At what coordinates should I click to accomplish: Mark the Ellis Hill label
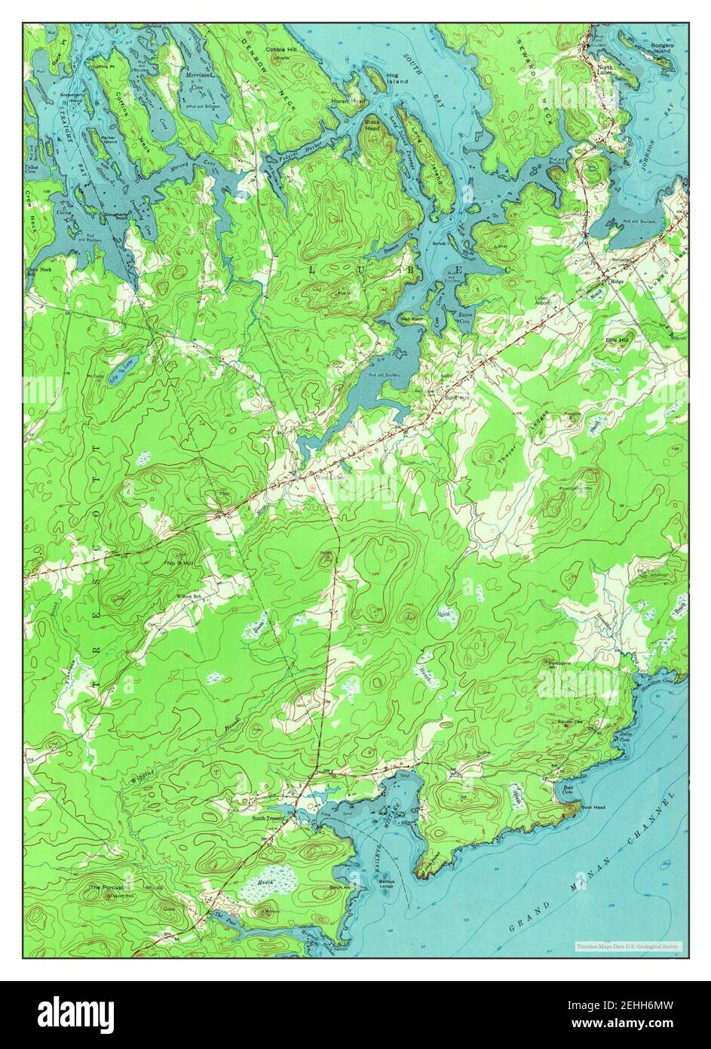tap(617, 340)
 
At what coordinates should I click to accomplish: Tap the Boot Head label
tap(594, 808)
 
